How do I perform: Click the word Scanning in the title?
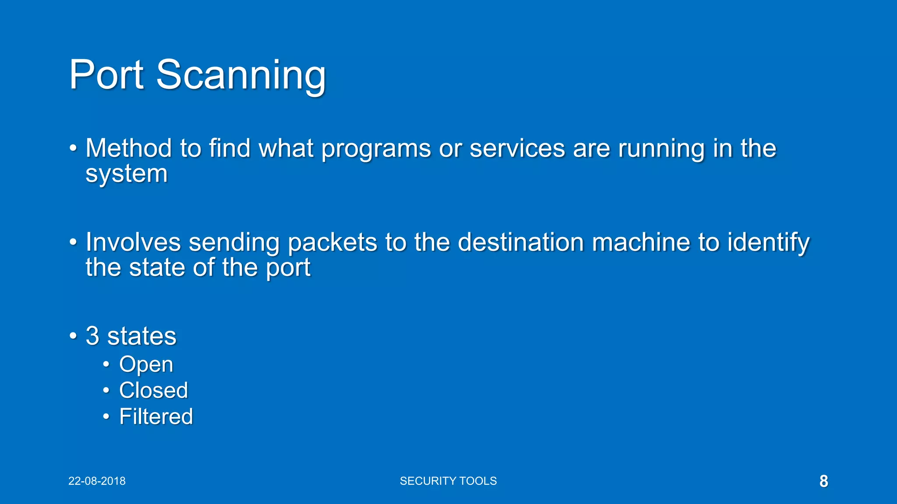coord(241,75)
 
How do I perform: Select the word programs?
coord(376,149)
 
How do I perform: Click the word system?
coord(127,174)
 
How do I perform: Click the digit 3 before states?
coord(92,336)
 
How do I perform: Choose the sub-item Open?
coord(146,364)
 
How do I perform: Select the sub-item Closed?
coord(153,390)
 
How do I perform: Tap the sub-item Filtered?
coord(156,416)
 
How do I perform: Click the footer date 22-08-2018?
coord(97,481)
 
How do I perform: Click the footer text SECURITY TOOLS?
coord(448,481)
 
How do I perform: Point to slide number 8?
coord(823,481)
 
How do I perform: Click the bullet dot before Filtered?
coord(106,416)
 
